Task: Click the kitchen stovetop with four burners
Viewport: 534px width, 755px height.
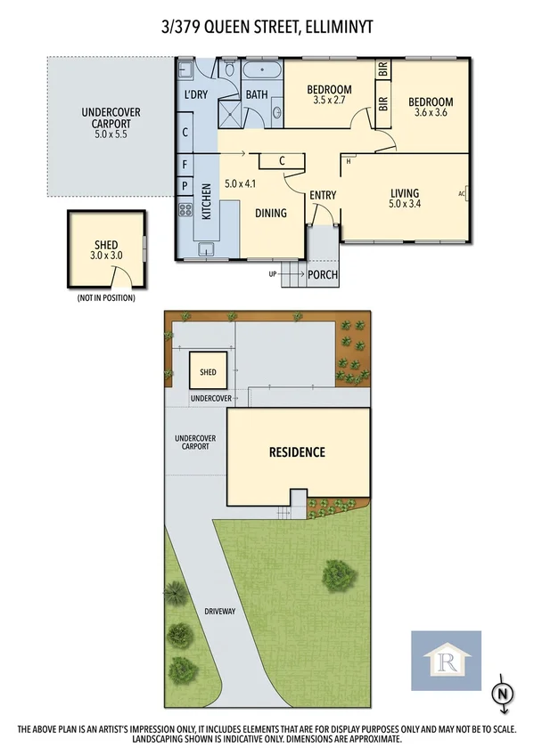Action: tap(186, 211)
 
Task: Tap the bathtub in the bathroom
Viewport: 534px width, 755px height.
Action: tap(260, 71)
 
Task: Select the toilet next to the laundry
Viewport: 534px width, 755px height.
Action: tap(228, 69)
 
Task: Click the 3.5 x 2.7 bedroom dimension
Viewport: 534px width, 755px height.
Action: tap(329, 101)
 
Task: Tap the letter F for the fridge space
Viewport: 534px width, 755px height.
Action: tap(185, 165)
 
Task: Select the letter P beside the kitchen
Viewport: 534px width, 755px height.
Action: tap(185, 186)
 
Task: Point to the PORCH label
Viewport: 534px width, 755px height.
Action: tap(322, 275)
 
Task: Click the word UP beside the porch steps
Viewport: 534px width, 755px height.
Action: tap(272, 274)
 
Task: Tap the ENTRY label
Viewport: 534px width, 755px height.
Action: tap(321, 196)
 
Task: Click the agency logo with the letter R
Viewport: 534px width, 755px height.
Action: tap(445, 661)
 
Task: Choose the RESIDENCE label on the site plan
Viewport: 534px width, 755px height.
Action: tap(298, 452)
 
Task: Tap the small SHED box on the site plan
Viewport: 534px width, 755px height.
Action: tap(207, 371)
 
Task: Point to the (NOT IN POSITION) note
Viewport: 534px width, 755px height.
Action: tap(106, 298)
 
